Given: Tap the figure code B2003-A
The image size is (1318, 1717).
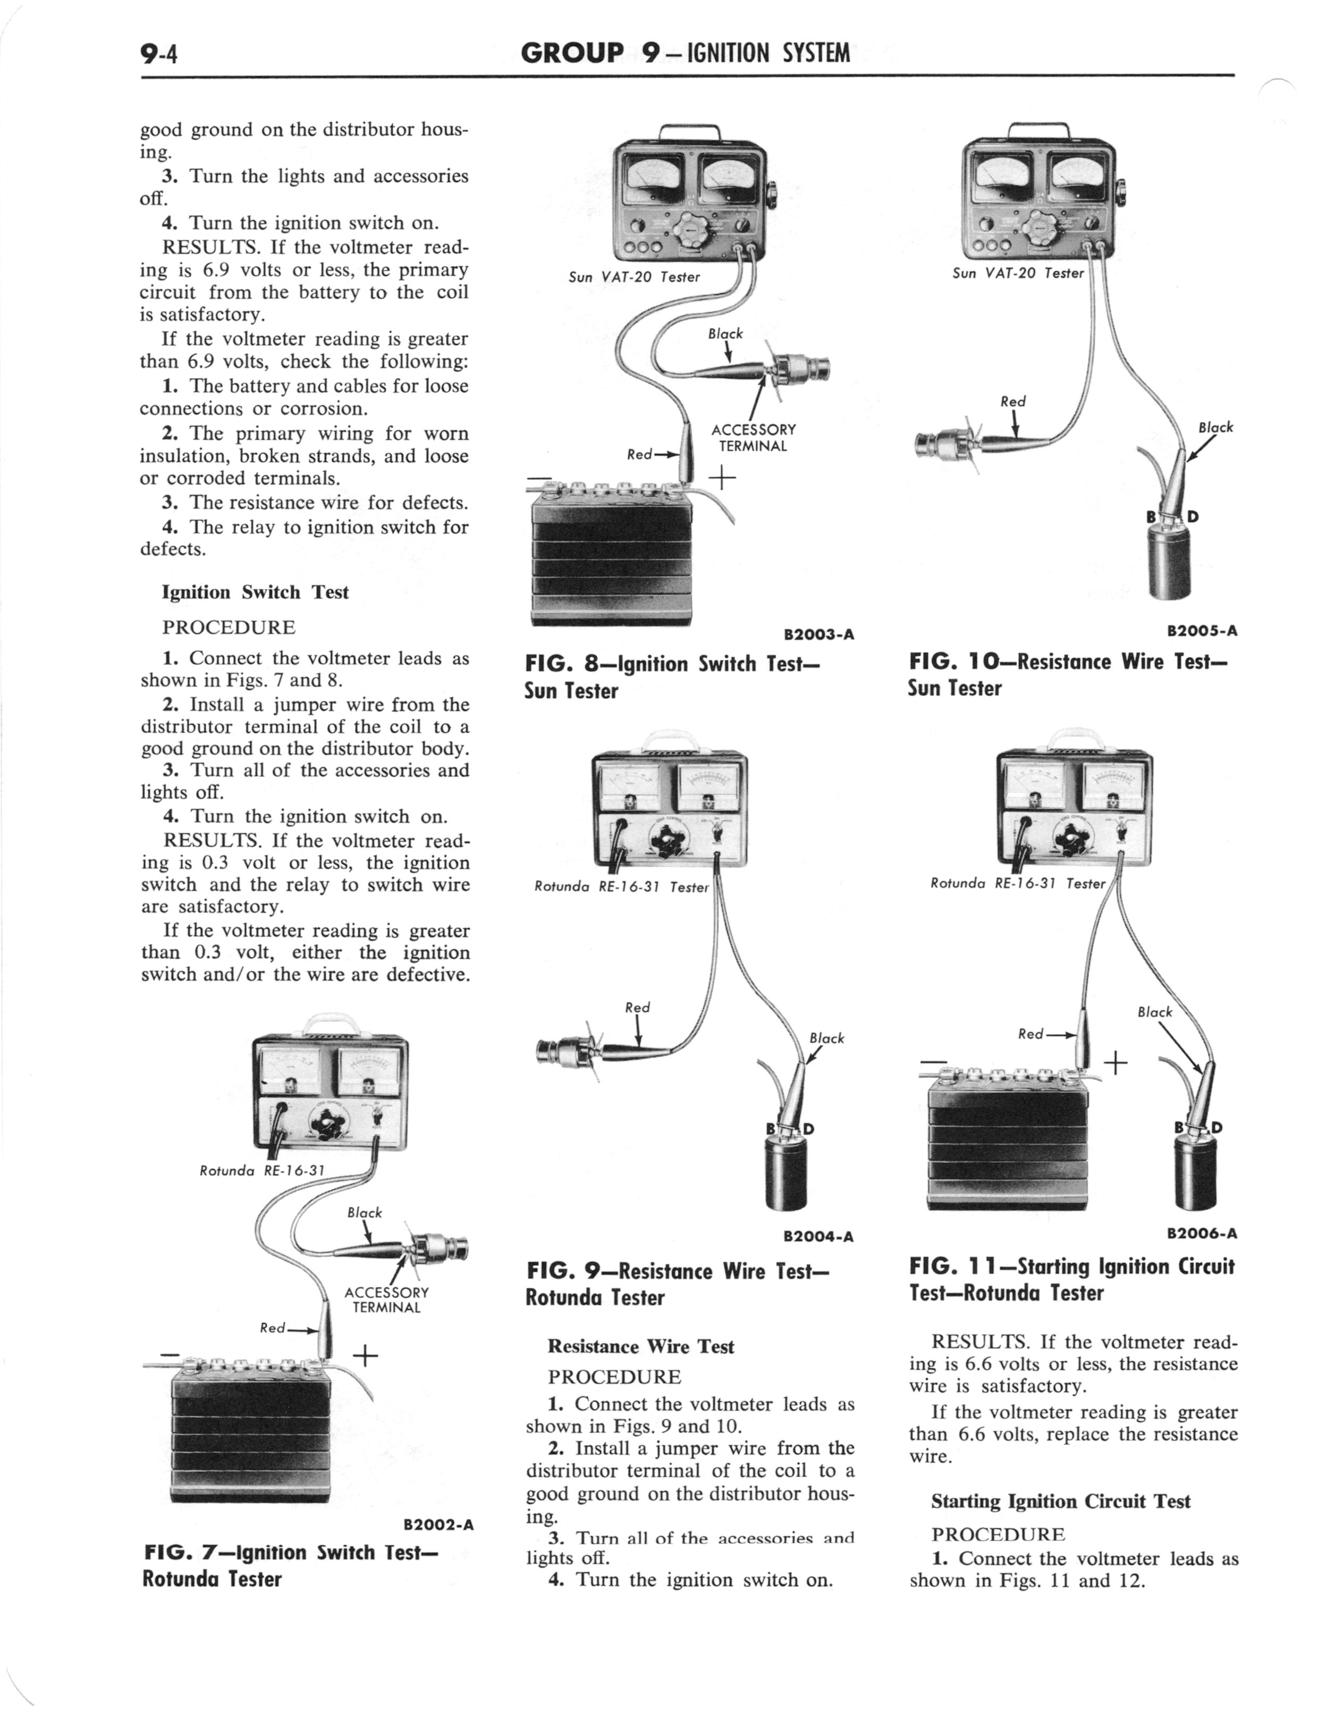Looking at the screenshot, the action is tap(818, 634).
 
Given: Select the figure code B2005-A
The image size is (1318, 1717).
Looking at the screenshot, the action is tap(1202, 630).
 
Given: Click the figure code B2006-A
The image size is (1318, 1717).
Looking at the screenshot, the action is tap(1202, 1233).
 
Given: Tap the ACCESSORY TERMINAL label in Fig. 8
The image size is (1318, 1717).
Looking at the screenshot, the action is tap(753, 438).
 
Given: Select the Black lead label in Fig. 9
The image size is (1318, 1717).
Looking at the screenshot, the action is tap(827, 1038).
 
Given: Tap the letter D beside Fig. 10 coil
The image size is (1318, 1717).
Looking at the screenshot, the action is tap(1193, 516).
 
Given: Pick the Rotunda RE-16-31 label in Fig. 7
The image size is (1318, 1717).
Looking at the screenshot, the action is tap(262, 1171).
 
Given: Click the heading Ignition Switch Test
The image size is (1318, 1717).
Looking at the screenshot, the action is tap(255, 592).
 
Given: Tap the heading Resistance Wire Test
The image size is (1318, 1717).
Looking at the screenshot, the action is tap(641, 1346).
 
